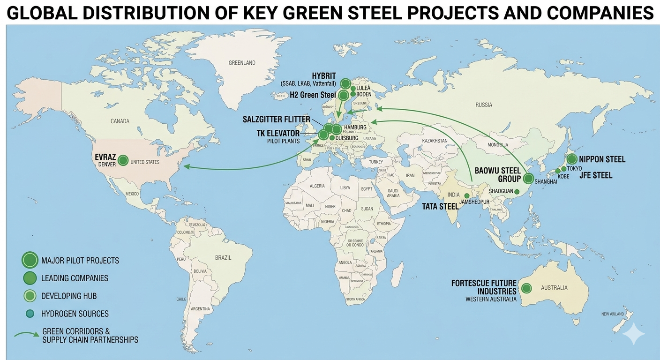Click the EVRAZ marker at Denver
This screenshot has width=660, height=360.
pyautogui.click(x=123, y=160)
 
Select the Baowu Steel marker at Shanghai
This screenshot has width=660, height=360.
pyautogui.click(x=529, y=178)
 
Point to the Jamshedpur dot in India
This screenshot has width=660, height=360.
pyautogui.click(x=467, y=195)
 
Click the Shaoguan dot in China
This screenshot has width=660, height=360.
pyautogui.click(x=517, y=191)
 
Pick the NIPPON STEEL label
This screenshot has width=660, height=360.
pyautogui.click(x=602, y=159)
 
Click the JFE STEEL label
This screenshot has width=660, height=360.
pyautogui.click(x=596, y=175)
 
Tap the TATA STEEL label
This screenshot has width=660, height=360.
pyautogui.click(x=440, y=206)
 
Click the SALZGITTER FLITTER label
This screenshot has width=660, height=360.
pyautogui.click(x=277, y=119)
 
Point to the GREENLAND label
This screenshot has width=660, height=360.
pyautogui.click(x=242, y=62)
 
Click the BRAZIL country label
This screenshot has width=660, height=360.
pyautogui.click(x=223, y=257)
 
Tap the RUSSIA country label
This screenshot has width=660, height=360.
pyautogui.click(x=484, y=105)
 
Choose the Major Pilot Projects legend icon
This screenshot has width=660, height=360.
pyautogui.click(x=30, y=260)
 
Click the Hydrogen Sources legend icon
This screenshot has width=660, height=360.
pyautogui.click(x=30, y=314)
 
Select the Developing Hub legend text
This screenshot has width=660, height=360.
pyautogui.click(x=69, y=296)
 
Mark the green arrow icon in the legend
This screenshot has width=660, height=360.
pyautogui.click(x=26, y=335)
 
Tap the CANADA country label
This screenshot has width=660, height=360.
pyautogui.click(x=120, y=121)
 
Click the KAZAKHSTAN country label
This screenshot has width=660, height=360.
pyautogui.click(x=435, y=141)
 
